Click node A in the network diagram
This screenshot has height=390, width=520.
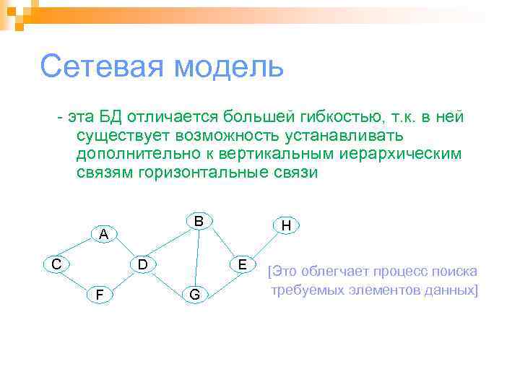click(x=105, y=234)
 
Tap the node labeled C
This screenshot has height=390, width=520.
click(x=56, y=264)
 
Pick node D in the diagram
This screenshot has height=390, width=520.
click(x=144, y=264)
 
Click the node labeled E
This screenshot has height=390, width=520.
click(x=243, y=264)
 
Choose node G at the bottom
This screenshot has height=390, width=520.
click(x=194, y=294)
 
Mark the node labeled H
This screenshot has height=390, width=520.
click(x=286, y=226)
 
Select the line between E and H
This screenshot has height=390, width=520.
click(x=264, y=246)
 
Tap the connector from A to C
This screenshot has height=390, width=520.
click(x=80, y=249)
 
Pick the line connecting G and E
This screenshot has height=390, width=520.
click(x=219, y=279)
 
